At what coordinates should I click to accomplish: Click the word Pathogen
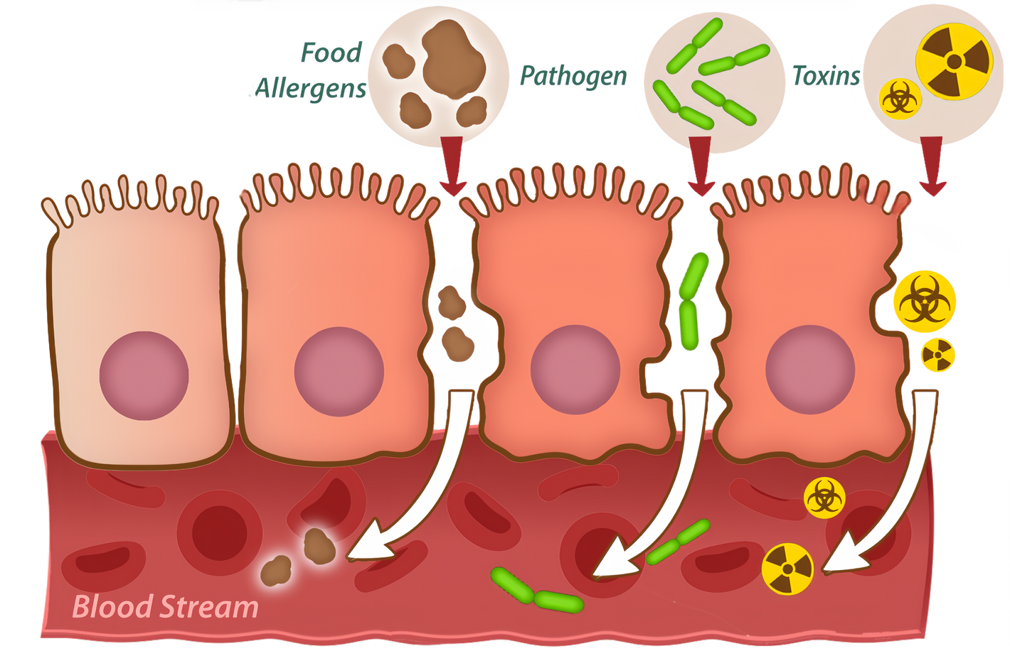(x=573, y=75)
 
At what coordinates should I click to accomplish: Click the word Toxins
(x=825, y=75)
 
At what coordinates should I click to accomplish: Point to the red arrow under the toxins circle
(x=932, y=166)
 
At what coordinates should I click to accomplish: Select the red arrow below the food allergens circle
(x=452, y=166)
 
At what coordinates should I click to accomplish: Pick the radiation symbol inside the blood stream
(x=787, y=569)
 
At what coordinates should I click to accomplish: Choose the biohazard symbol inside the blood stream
(x=824, y=497)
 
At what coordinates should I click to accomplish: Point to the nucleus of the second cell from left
(x=339, y=371)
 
